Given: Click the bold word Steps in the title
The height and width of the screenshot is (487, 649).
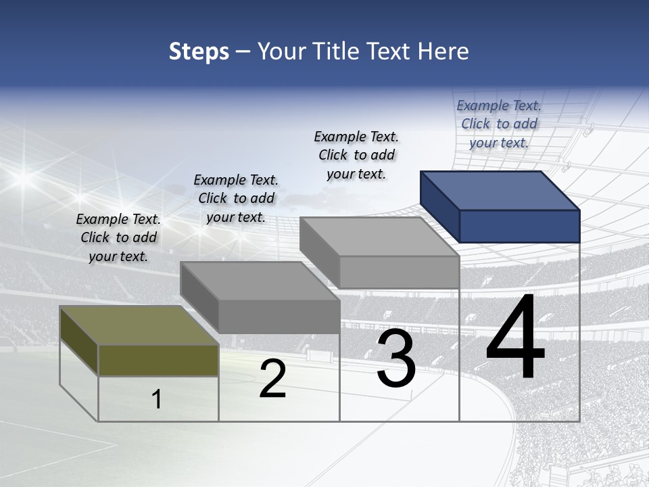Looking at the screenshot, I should (x=199, y=51).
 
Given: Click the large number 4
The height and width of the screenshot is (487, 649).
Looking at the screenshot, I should (x=515, y=338).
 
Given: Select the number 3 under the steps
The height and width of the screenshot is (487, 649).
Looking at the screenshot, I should (x=396, y=358).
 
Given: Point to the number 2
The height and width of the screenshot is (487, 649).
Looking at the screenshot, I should (x=272, y=379).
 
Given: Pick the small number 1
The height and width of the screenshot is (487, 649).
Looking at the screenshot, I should (x=157, y=399).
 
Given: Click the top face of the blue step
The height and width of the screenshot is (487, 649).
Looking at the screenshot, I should (x=500, y=191).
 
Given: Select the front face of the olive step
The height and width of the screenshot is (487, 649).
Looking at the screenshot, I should (x=158, y=360).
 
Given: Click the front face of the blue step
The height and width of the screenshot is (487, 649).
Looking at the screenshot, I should (x=519, y=226).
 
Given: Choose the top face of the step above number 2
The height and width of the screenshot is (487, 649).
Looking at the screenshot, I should (x=259, y=281).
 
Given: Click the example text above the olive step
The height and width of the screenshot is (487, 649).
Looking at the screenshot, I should (x=118, y=238).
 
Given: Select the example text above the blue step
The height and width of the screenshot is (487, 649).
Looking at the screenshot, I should (x=499, y=124).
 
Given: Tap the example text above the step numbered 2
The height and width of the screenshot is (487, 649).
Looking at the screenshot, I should (x=236, y=199).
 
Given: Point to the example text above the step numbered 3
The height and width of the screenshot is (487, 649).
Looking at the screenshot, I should (x=356, y=156).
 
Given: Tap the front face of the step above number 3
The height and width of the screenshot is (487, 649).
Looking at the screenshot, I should (x=399, y=272).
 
